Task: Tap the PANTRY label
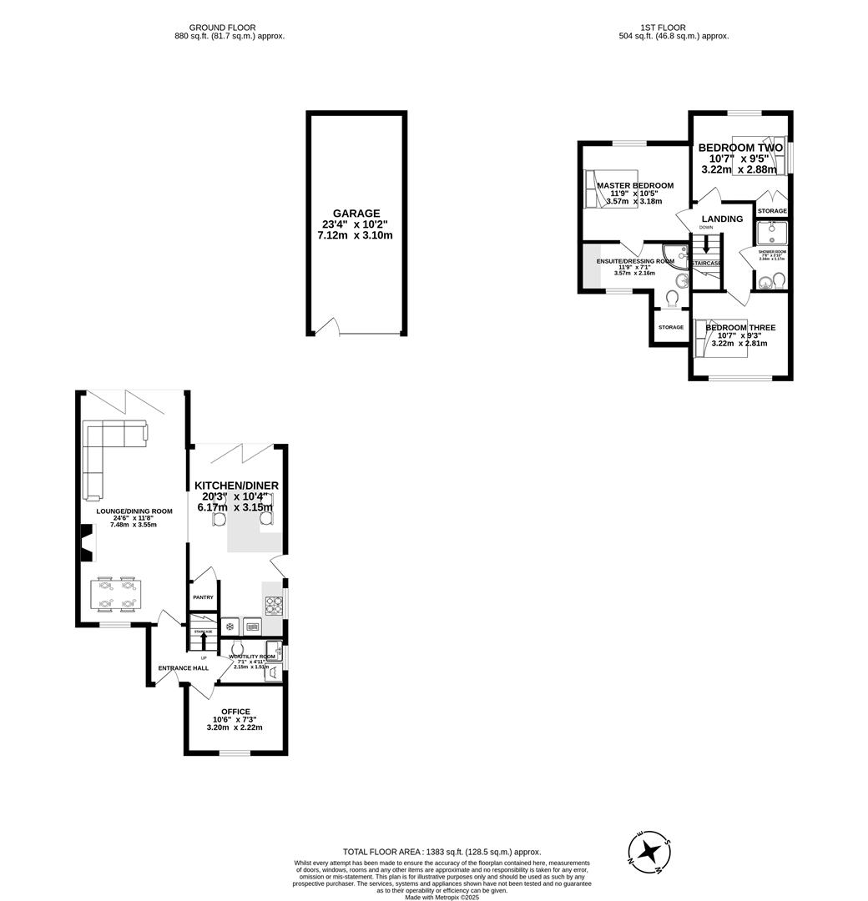[x=204, y=597]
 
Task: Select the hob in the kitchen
[x=274, y=605]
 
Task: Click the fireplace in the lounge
[x=87, y=542]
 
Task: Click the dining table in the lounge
[x=116, y=593]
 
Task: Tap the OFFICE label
[x=235, y=712]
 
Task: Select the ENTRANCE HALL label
[x=183, y=667]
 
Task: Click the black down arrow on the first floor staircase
[x=707, y=247]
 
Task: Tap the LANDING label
[x=722, y=219]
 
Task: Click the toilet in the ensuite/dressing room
[x=673, y=299]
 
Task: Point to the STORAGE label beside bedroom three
[x=670, y=327]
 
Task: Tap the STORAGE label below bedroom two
[x=772, y=210]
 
